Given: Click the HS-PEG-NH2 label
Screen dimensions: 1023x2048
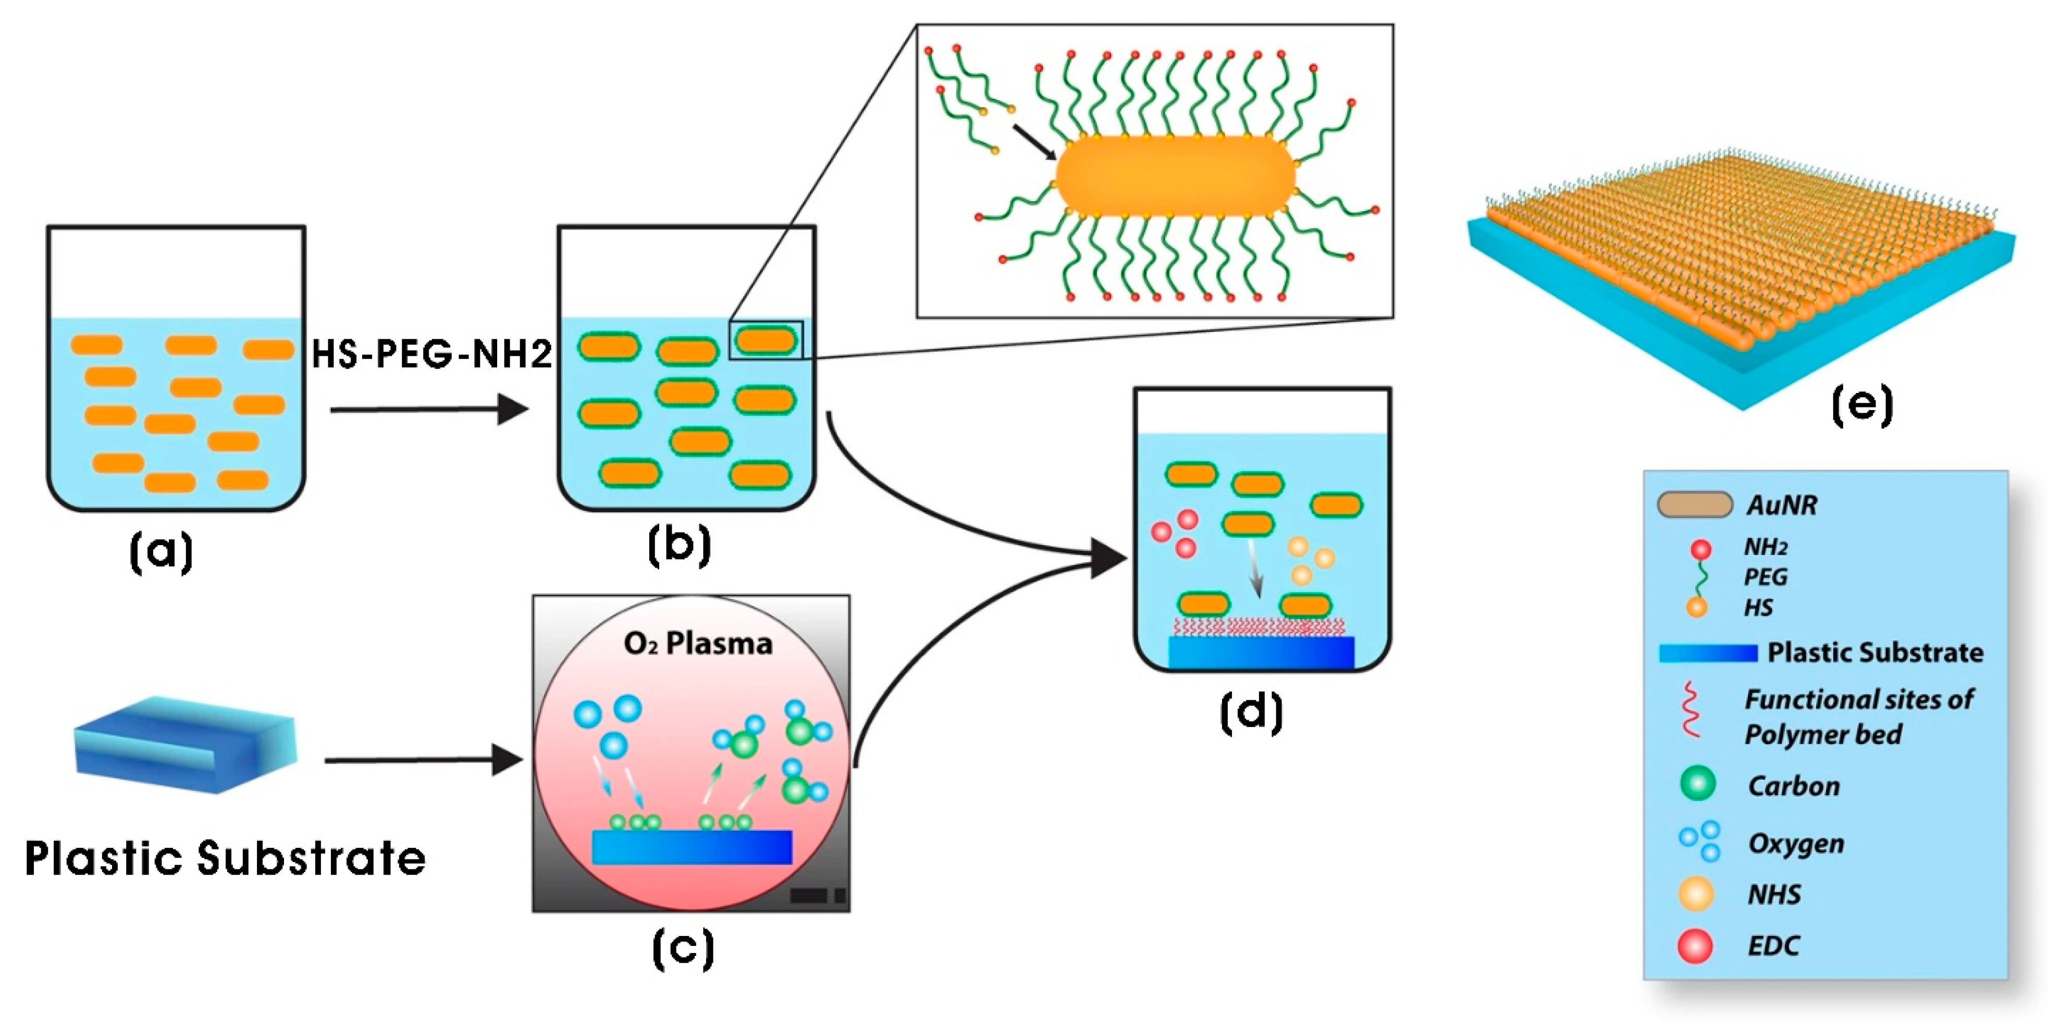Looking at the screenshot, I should (x=431, y=354).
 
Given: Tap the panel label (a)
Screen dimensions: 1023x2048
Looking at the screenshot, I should (x=162, y=552).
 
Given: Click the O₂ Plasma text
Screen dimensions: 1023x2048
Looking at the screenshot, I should (x=697, y=643).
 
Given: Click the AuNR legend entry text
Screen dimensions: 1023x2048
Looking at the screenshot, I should (x=1781, y=505).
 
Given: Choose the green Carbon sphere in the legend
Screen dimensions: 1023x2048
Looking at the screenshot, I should (x=1697, y=784).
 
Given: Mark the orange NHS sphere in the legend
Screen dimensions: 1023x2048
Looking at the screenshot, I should (x=1695, y=893).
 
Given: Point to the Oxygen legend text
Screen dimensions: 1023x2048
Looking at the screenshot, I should (x=1795, y=843).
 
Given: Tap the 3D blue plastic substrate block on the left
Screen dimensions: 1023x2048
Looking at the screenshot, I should (x=184, y=745).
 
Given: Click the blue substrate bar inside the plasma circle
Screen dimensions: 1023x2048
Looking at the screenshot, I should (x=692, y=846).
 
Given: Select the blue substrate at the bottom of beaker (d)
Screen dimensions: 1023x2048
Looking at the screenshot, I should (x=1261, y=652).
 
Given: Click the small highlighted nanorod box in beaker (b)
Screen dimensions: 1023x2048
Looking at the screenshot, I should (x=766, y=340).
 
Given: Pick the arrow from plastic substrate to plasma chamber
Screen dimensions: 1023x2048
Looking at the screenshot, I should (x=423, y=760).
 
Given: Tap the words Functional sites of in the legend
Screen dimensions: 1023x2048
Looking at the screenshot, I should (x=1858, y=699).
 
